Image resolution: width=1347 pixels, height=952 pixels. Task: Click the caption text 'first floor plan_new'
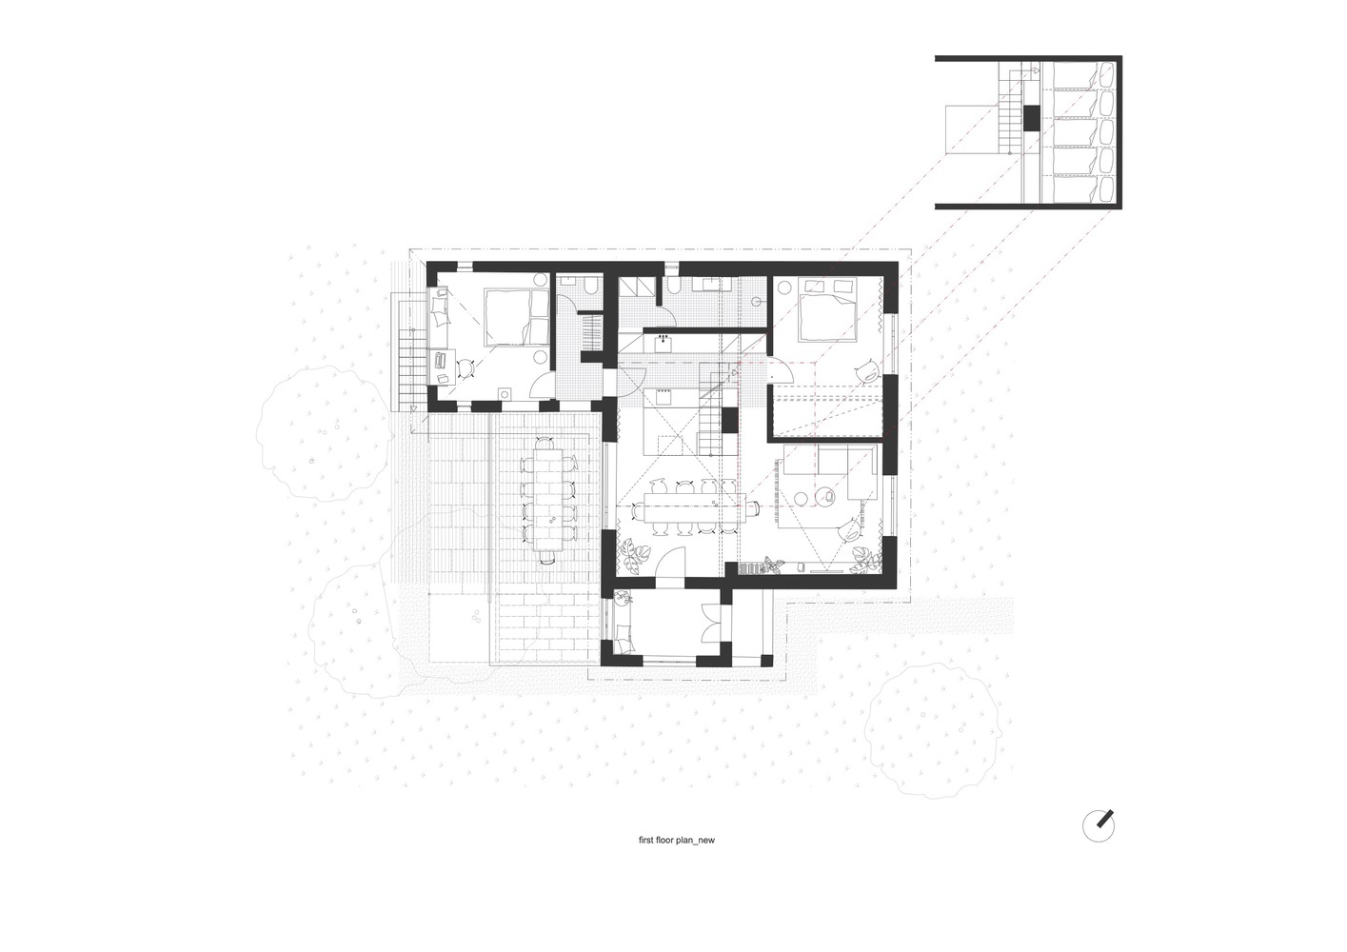pyautogui.click(x=677, y=841)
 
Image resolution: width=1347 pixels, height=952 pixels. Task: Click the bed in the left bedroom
pyautogui.click(x=517, y=317)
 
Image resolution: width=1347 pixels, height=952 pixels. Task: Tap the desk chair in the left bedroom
pyautogui.click(x=466, y=368)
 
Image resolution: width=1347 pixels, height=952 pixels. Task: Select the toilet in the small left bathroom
pyautogui.click(x=592, y=285)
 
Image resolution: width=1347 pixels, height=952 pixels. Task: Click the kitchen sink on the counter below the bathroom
pyautogui.click(x=664, y=341)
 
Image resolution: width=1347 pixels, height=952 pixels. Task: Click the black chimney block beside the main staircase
pyautogui.click(x=729, y=420)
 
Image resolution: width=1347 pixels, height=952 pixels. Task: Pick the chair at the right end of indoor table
pyautogui.click(x=755, y=508)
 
